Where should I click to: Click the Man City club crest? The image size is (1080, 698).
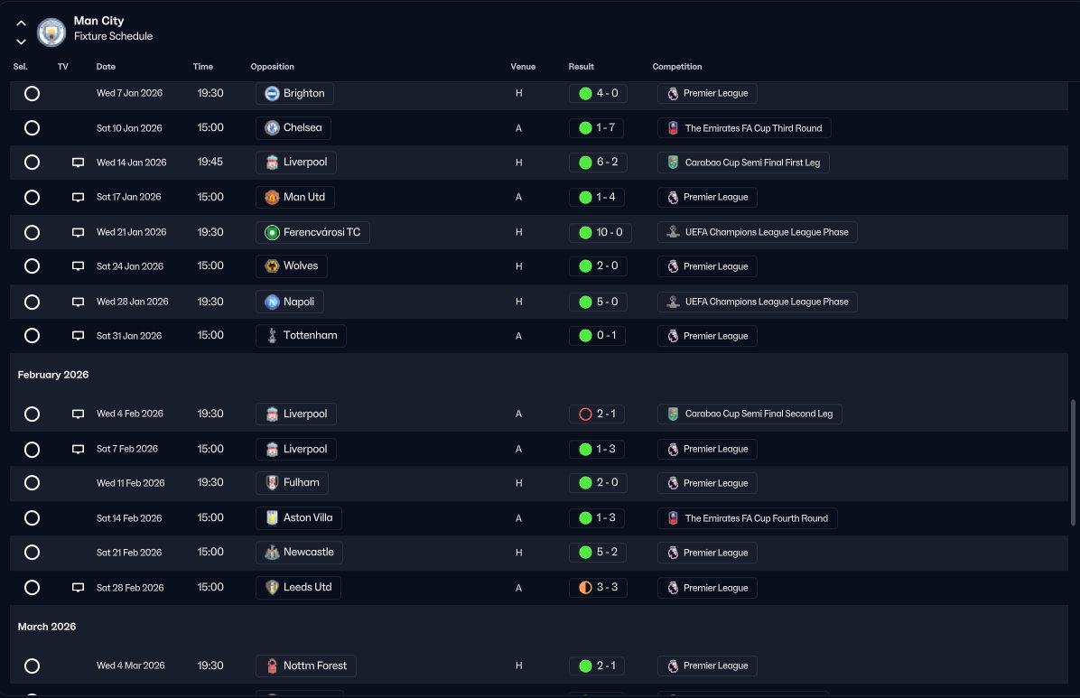click(x=51, y=32)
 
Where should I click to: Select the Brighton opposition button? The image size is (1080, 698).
click(x=294, y=93)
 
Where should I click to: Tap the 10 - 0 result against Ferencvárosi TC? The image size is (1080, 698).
click(x=600, y=232)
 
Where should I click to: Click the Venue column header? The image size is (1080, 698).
click(x=523, y=67)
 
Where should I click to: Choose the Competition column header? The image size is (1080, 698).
click(x=677, y=67)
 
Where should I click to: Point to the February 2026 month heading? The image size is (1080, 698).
click(x=53, y=375)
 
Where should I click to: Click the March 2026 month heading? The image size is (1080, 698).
click(x=47, y=627)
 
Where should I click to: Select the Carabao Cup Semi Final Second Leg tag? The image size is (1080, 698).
click(x=749, y=414)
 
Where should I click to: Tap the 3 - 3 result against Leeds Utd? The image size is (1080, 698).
click(x=598, y=588)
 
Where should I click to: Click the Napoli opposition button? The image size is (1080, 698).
click(x=290, y=302)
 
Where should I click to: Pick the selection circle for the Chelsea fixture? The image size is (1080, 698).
click(x=32, y=128)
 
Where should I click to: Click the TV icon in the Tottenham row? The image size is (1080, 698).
click(x=78, y=336)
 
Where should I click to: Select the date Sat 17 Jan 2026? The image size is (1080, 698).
click(x=129, y=197)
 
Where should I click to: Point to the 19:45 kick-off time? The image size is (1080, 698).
click(x=210, y=162)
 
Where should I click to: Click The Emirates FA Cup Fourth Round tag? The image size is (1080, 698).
click(x=748, y=518)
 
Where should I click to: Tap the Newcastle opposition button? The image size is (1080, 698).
click(x=299, y=553)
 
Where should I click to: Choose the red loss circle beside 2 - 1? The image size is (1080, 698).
click(x=585, y=414)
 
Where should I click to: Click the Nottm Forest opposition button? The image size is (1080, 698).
click(x=306, y=665)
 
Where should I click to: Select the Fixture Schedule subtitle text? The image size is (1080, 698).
click(x=113, y=36)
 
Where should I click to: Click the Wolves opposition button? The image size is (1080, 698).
click(x=292, y=266)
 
